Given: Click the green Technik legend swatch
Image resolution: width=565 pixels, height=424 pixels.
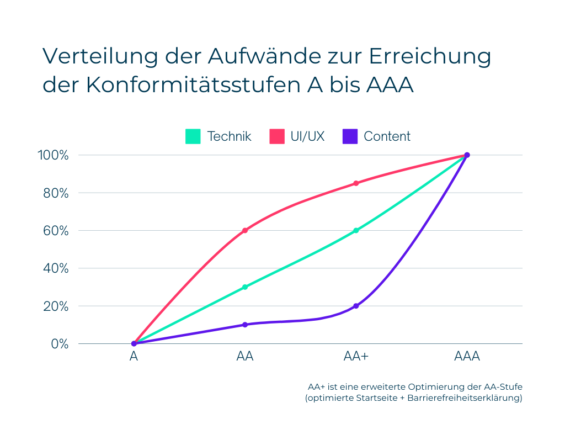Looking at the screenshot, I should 193,136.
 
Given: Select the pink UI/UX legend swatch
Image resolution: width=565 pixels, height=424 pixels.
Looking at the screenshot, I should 276,136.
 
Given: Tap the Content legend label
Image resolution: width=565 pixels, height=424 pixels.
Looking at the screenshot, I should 387,136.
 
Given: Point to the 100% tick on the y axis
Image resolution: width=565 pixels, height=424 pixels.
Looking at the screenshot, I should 53,155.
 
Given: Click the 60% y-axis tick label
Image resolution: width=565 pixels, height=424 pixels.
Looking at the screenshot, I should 54,231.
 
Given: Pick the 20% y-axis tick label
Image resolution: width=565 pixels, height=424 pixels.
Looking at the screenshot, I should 54,306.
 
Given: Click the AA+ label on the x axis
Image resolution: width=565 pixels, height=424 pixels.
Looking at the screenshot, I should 356,357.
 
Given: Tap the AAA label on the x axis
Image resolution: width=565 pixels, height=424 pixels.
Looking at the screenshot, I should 467,357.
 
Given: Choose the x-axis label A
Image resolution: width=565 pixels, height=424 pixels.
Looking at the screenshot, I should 134,357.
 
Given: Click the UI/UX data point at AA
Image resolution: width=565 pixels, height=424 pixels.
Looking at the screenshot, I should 245,230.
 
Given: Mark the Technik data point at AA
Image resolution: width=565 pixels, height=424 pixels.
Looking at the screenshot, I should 245,287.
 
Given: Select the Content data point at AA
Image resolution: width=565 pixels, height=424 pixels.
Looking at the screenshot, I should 245,325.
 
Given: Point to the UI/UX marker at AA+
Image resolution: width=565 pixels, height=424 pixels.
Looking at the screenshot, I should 356,183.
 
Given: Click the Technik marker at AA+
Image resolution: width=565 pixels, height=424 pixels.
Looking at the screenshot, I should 356,230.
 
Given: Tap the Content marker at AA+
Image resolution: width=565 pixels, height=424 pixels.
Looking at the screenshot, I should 356,306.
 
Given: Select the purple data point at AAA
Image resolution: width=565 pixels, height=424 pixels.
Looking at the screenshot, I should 467,155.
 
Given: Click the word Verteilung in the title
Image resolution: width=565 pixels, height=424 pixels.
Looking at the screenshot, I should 93,56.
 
